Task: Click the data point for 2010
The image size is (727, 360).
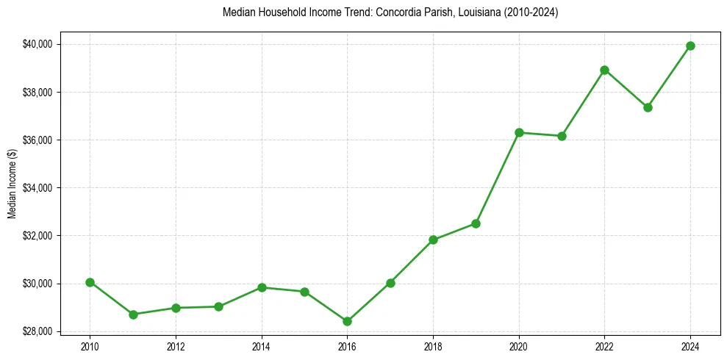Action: click(x=90, y=282)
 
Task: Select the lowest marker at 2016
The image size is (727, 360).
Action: click(x=347, y=321)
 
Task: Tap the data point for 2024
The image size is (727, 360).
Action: click(x=690, y=46)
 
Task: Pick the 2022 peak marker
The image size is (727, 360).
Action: click(x=604, y=70)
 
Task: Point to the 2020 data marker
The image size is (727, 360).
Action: click(x=519, y=132)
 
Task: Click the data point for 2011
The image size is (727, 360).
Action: click(x=133, y=314)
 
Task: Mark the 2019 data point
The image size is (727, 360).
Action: click(x=476, y=223)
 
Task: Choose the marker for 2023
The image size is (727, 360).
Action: click(x=648, y=107)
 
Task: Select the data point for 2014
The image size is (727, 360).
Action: click(x=262, y=287)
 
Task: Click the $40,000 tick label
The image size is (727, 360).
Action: click(x=37, y=44)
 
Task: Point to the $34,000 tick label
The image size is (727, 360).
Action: click(x=37, y=188)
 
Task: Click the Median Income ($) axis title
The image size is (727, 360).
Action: click(x=12, y=183)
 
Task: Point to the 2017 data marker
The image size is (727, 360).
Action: click(x=390, y=283)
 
